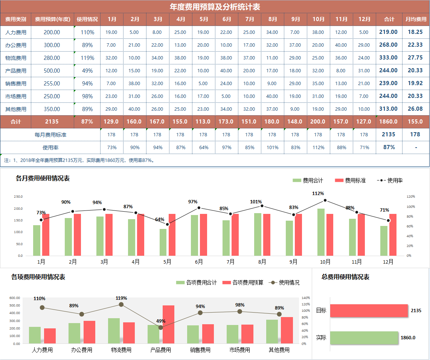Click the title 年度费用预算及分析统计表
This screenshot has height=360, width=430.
(x=215, y=7)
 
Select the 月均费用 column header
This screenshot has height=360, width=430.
(x=416, y=19)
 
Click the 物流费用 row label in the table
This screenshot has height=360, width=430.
(x=16, y=58)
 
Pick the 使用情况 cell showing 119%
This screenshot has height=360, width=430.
(x=87, y=58)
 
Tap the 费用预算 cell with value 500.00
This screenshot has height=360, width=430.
(x=52, y=71)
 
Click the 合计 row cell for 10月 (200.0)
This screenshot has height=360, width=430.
(x=318, y=122)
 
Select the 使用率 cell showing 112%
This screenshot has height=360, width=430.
(x=318, y=148)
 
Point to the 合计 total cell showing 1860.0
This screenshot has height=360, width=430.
(x=389, y=122)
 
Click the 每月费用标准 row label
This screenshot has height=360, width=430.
(x=50, y=134)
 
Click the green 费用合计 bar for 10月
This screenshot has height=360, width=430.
(x=321, y=232)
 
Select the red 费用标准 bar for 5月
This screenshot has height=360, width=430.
(x=172, y=235)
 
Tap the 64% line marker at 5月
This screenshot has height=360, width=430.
(x=168, y=224)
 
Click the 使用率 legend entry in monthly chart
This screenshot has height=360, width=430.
(x=390, y=181)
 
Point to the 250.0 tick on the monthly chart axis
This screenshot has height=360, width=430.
(x=18, y=197)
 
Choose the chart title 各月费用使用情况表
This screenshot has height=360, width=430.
(x=43, y=178)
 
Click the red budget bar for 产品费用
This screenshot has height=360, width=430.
(x=168, y=324)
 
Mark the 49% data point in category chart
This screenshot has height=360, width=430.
(x=161, y=328)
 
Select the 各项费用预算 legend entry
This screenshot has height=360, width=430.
(x=243, y=282)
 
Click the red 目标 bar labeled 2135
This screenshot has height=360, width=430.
(x=369, y=311)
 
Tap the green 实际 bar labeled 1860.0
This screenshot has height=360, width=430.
(x=364, y=338)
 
